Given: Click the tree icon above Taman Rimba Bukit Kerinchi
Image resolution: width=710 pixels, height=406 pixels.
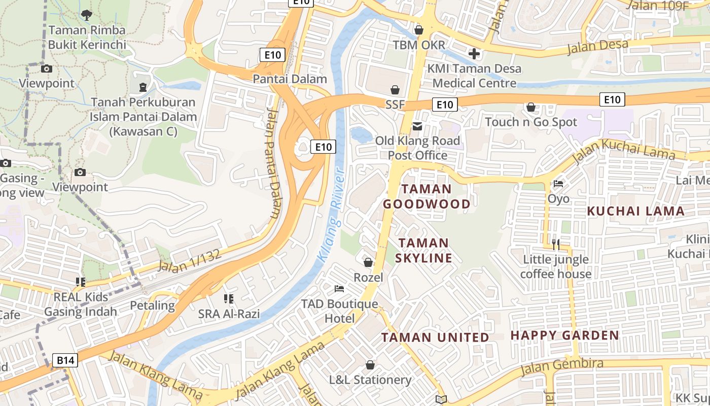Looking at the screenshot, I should click(87, 15).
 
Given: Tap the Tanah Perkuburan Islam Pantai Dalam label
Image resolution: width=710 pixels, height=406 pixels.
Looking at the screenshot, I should click(143, 117).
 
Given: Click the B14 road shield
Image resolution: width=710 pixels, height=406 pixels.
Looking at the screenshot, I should click(65, 360).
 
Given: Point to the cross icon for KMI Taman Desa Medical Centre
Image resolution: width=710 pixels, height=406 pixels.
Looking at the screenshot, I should click(474, 53).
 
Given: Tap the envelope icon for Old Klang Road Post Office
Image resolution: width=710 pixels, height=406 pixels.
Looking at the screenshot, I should click(417, 126).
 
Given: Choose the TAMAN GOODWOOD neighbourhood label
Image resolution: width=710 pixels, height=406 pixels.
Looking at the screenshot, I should click(427, 196).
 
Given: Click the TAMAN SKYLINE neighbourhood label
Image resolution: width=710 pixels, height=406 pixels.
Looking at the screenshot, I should click(423, 251).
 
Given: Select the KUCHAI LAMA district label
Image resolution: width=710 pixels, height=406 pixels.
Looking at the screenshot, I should click(635, 211).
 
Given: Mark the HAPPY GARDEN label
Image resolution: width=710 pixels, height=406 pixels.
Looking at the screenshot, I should click(564, 335).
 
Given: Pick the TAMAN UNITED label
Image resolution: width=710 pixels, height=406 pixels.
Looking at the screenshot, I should click(435, 337).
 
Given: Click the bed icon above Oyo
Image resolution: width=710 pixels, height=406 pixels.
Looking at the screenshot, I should click(558, 184).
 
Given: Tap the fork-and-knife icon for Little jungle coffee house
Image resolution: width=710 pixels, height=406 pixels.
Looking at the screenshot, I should click(556, 245).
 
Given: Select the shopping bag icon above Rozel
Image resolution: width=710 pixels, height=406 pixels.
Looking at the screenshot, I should click(368, 262).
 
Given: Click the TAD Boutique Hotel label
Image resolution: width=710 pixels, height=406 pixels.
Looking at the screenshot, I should click(339, 311).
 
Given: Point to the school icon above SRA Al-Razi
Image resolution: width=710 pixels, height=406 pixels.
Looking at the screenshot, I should click(229, 299).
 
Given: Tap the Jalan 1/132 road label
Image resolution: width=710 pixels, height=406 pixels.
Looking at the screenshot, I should click(190, 260).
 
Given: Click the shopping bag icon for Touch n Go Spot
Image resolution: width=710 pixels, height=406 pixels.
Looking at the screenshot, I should click(531, 107).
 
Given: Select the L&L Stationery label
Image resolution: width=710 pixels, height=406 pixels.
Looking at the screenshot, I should click(370, 380).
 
